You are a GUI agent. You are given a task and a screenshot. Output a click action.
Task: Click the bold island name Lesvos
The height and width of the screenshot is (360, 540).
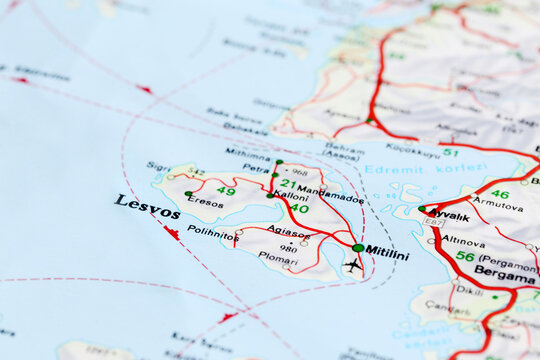point(147,206)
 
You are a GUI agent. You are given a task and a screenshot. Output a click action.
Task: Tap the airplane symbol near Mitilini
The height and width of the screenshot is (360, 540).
point(352,265)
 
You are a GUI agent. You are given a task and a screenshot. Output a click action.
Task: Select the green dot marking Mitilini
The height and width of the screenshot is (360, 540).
point(358,247)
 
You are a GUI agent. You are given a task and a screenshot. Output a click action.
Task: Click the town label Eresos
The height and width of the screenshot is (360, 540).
point(206,202)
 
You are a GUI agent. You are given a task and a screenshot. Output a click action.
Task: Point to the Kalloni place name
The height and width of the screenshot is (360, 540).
point(291,197)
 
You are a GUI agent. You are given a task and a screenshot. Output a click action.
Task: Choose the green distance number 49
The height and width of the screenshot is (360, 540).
point(226,191)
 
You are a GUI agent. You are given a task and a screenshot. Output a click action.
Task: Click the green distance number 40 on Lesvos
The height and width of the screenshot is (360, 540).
point(299,209)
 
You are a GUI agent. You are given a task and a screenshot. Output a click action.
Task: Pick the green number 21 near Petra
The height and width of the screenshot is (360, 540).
point(288,183)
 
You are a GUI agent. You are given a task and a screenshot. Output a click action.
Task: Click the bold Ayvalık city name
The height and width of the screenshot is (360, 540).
point(450,216)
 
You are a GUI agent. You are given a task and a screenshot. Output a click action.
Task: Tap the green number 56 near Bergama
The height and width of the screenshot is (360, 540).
point(465,256)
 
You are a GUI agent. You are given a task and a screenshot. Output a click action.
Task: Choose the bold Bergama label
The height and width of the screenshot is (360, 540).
point(504,272)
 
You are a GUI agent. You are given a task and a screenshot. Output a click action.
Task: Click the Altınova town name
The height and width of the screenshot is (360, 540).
point(464,241)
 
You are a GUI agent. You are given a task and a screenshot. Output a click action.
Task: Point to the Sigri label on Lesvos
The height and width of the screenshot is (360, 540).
point(158,166)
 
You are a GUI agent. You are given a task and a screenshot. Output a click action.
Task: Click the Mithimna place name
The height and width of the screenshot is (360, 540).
point(248,154)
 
